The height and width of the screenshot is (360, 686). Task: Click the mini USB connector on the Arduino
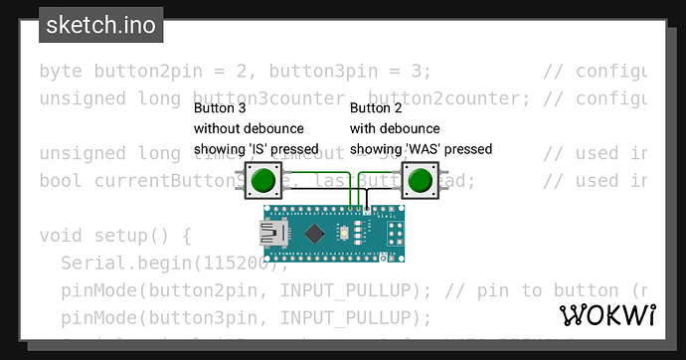(x=270, y=235)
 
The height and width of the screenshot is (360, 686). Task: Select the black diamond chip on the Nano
(x=315, y=235)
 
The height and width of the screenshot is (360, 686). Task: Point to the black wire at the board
(x=368, y=210)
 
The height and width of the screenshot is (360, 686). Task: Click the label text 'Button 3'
(x=217, y=108)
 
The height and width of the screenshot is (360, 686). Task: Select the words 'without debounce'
(x=249, y=128)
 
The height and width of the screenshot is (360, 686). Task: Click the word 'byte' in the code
(x=61, y=72)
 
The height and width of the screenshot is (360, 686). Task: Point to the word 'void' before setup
(x=61, y=236)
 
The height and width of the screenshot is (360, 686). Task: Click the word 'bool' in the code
(x=61, y=181)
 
